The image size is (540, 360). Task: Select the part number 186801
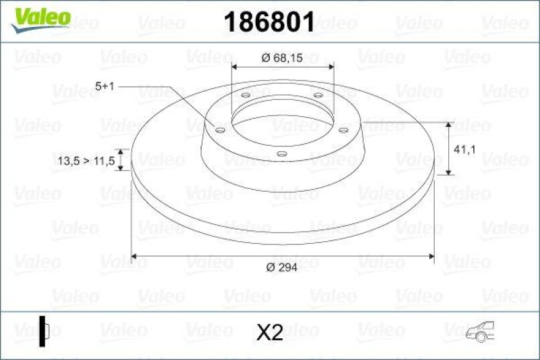(x=269, y=23)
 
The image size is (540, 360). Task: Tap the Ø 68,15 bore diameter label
(x=283, y=58)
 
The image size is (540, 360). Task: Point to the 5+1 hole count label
(x=106, y=86)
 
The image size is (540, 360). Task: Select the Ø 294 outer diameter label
(x=282, y=267)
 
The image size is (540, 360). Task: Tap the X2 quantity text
(x=270, y=332)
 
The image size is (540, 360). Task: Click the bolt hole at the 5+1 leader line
(x=219, y=130)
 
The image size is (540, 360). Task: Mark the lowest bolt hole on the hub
(x=281, y=154)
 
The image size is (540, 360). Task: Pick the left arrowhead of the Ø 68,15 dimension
(x=234, y=67)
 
